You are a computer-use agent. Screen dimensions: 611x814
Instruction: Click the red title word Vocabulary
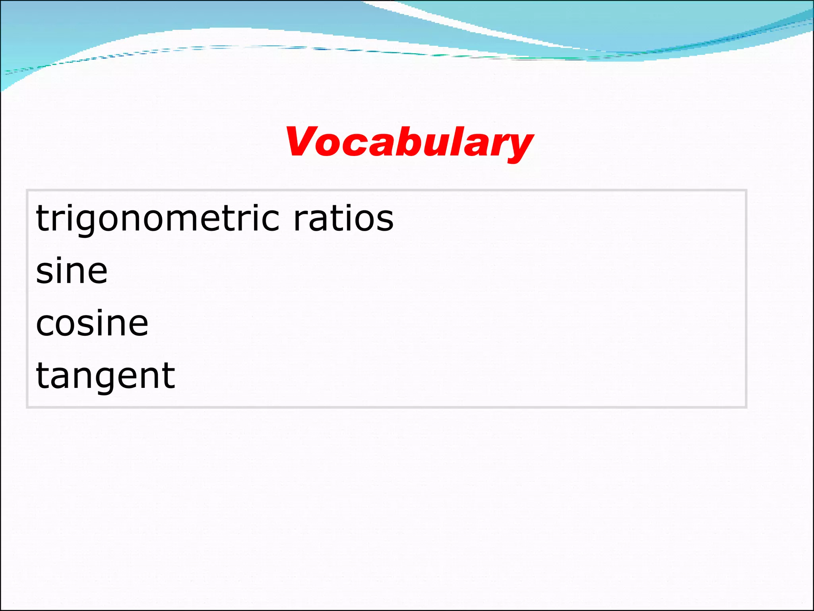point(409,142)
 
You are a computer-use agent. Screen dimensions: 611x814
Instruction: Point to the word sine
point(72,271)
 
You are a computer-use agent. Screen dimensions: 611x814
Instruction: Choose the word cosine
point(92,323)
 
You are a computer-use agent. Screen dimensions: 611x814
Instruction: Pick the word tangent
point(105,376)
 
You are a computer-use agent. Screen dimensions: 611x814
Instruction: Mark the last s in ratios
point(384,220)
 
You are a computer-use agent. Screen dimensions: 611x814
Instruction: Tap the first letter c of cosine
point(46,324)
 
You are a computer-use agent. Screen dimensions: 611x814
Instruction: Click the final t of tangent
point(169,376)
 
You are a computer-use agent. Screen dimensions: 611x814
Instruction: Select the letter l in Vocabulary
point(460,140)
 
